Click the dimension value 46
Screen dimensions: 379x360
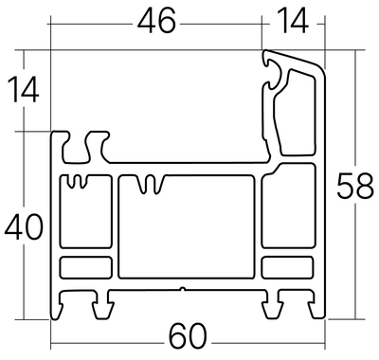(156, 21)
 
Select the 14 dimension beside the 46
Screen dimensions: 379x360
(294, 21)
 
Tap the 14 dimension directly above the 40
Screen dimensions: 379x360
(23, 90)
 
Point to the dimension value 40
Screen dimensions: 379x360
(24, 226)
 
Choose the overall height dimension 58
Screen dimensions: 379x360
(355, 186)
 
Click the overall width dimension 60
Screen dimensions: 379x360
(188, 335)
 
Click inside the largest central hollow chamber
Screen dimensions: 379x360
(187, 227)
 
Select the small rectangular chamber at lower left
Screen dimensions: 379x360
(86, 268)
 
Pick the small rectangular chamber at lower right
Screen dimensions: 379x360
(288, 268)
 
